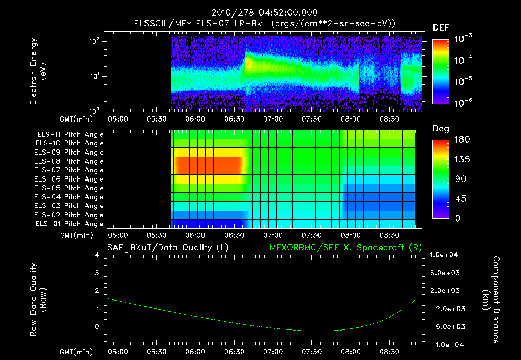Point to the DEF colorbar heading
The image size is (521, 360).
(441, 27)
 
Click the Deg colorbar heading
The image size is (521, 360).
(441, 129)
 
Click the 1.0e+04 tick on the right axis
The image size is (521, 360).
(445, 254)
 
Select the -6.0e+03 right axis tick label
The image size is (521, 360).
(445, 326)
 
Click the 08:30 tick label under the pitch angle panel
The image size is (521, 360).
(389, 235)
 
